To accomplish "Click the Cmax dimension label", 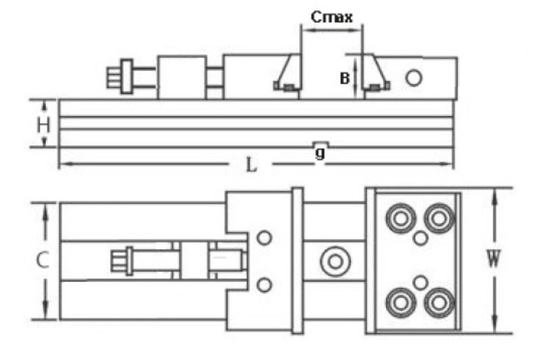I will point(331,17).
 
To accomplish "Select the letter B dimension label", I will point(344,78).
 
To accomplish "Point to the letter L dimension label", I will point(251,164).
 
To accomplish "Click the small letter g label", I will point(320,154).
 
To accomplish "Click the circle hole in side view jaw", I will point(414,78).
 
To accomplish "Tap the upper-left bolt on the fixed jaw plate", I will point(397,218).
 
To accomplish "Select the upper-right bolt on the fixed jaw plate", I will point(439,218).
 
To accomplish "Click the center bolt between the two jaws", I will point(333,261).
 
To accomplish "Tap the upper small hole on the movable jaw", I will point(264,238).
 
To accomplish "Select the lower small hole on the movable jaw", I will point(264,284).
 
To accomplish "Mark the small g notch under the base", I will point(321,144).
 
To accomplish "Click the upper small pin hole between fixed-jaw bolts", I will point(421,238).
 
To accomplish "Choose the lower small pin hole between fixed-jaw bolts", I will point(421,282).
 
